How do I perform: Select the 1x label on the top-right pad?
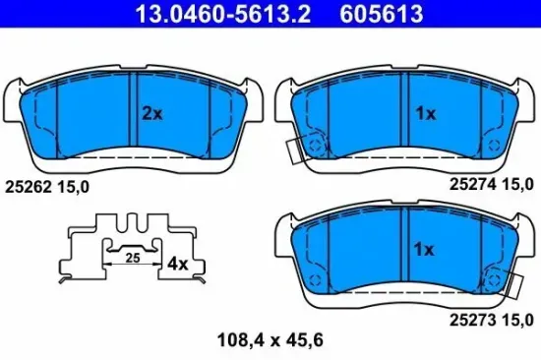425,113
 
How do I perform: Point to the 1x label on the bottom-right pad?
425,250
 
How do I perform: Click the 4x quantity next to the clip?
177,264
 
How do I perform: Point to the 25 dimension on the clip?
131,258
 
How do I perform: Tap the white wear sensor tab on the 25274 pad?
294,150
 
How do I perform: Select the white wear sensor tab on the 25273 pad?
513,286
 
